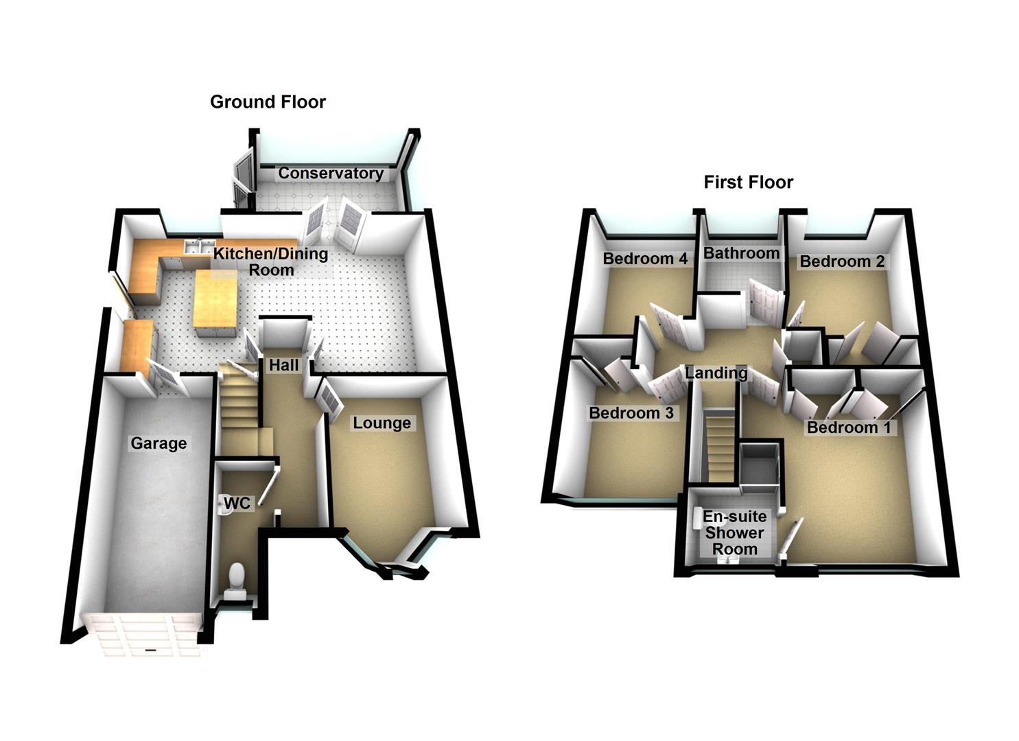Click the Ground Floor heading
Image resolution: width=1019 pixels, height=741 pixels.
268,102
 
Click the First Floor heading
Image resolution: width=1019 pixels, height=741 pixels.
748,183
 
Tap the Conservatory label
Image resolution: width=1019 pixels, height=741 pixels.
330,174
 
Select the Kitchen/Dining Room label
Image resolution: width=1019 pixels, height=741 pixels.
270,261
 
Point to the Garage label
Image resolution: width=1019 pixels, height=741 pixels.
159,444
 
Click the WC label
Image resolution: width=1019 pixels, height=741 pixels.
237,504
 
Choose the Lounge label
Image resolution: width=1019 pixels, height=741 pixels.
382,423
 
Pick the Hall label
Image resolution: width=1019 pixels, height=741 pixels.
283,366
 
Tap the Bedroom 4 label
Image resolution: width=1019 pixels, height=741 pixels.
645,259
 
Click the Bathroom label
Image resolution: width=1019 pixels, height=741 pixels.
741,253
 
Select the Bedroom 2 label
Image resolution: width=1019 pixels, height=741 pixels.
842,261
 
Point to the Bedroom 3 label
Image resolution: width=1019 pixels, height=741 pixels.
631,413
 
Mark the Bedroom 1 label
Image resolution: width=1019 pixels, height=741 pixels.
849,428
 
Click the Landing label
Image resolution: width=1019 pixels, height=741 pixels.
716,373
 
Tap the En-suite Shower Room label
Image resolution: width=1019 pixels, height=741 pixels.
734,532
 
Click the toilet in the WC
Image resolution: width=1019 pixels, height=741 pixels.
237,577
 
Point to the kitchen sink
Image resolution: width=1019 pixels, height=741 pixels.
196,246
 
